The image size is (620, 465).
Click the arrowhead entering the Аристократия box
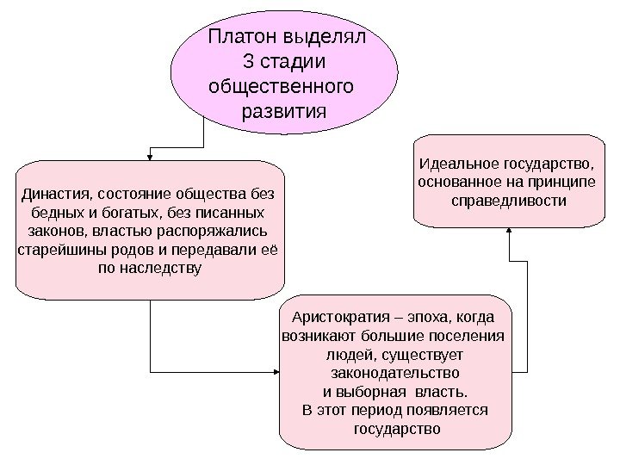276,371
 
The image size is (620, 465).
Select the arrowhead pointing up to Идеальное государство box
511,231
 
